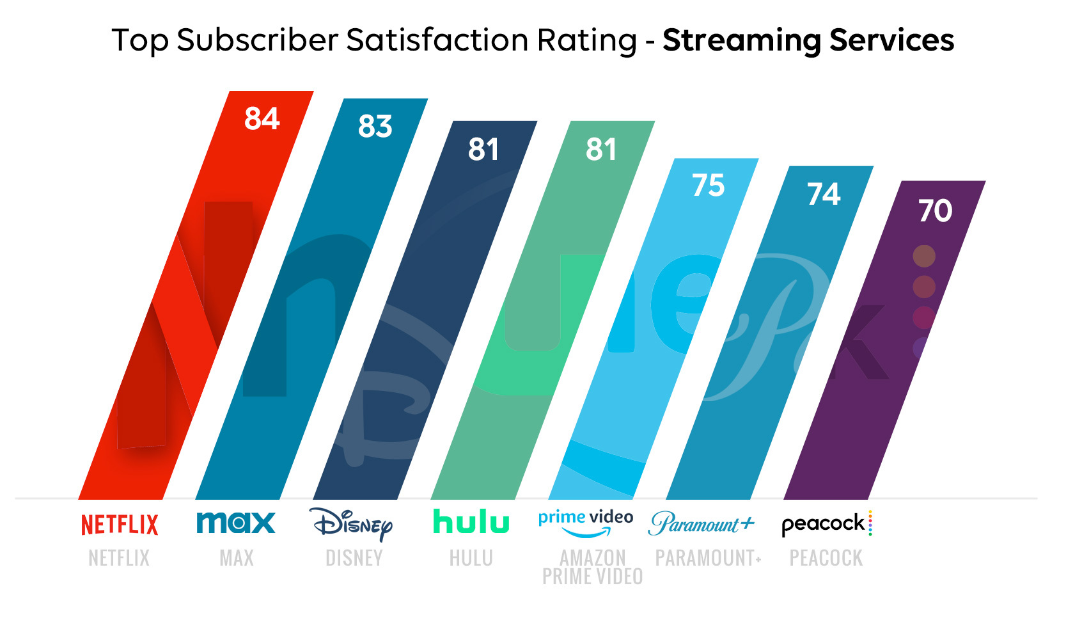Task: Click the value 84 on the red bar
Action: point(262,119)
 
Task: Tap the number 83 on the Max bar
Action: point(375,127)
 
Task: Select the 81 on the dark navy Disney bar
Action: point(483,150)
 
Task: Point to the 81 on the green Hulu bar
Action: point(601,150)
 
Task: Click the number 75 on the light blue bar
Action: point(709,186)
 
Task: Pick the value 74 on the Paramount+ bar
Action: point(824,195)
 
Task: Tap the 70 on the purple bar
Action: point(935,211)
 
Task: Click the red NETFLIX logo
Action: point(120,525)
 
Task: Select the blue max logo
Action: point(236,523)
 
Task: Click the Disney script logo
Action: point(352,525)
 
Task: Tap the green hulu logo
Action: point(471,522)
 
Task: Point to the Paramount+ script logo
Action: point(702,523)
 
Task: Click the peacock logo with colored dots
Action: point(826,523)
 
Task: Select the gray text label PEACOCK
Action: point(826,558)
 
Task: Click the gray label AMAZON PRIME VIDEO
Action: point(593,567)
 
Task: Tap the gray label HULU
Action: point(471,558)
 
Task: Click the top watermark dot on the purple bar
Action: point(923,256)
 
